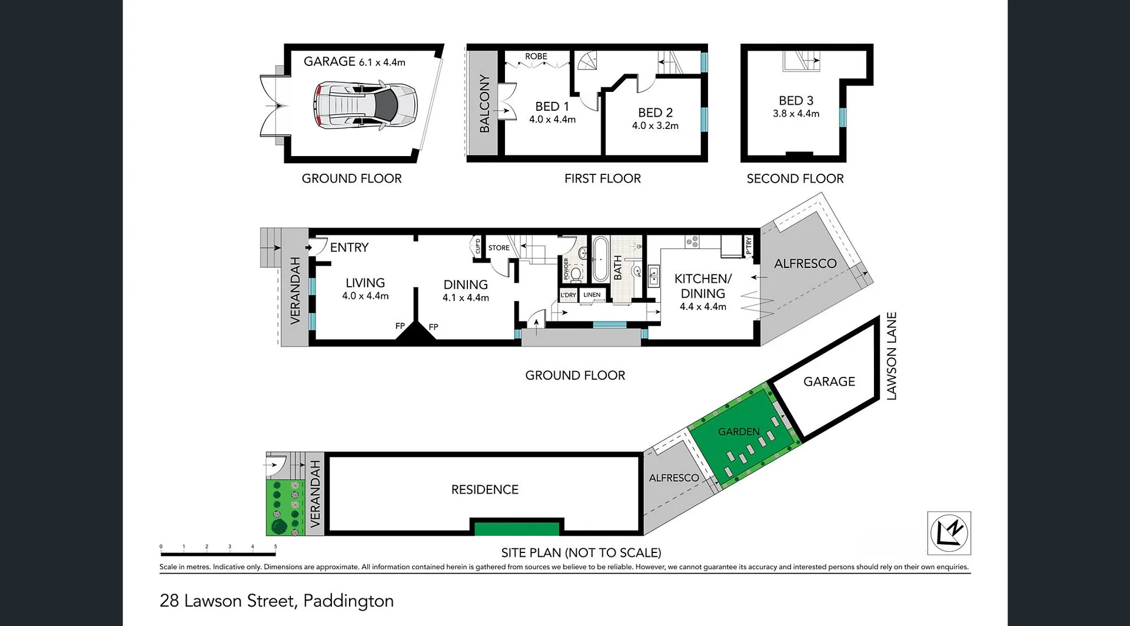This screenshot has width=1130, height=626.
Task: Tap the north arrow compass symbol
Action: point(949,533)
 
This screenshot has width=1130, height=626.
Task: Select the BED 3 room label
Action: point(796,101)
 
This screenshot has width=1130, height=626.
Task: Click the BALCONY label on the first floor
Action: point(484,104)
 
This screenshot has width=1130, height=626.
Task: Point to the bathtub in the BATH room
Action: point(600,259)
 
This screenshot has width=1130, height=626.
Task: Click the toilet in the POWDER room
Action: point(576,273)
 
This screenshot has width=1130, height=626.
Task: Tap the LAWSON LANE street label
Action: point(891,356)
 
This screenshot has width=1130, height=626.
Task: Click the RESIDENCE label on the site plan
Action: point(484,489)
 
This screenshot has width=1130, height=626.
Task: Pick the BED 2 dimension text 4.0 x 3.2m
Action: point(655,125)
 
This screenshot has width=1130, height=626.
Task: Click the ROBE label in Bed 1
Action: point(536,57)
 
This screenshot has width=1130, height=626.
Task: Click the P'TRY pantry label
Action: point(749,244)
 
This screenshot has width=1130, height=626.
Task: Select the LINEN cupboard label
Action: point(591,295)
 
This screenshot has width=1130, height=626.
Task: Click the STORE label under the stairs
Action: point(498,248)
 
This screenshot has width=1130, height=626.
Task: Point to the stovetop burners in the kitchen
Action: point(692,241)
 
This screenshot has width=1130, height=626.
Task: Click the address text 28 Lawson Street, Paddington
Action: point(277,601)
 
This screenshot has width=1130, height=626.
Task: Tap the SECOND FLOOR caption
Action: point(795,178)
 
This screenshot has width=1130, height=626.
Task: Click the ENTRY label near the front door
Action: point(349,247)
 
